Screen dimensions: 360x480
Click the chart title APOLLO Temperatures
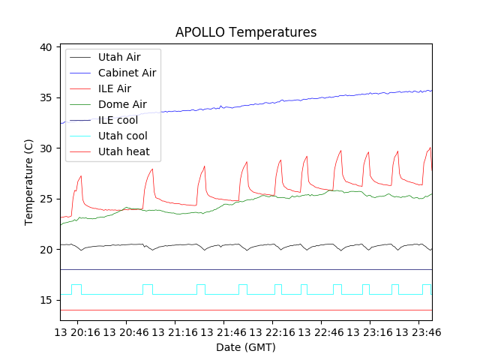pyautogui.click(x=246, y=32)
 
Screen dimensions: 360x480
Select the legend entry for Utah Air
pyautogui.click(x=119, y=57)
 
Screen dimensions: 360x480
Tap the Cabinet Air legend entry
pyautogui.click(x=127, y=73)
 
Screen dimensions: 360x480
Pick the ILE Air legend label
pyautogui.click(x=114, y=88)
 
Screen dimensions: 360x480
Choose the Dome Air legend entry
pyautogui.click(x=122, y=104)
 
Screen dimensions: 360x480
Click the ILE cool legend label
pyautogui.click(x=118, y=120)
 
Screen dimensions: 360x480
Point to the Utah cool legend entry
pyautogui.click(x=122, y=136)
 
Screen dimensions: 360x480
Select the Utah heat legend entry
pyautogui.click(x=124, y=151)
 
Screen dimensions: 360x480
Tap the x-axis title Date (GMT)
pyautogui.click(x=246, y=347)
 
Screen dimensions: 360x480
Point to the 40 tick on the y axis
pyautogui.click(x=46, y=47)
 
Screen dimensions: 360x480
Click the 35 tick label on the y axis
pyautogui.click(x=46, y=97)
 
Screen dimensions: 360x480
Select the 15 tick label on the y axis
pyautogui.click(x=46, y=300)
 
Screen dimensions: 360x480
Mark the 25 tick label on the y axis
pyautogui.click(x=46, y=199)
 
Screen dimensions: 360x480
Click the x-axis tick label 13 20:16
pyautogui.click(x=79, y=331)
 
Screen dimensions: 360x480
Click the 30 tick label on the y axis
pyautogui.click(x=46, y=148)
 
